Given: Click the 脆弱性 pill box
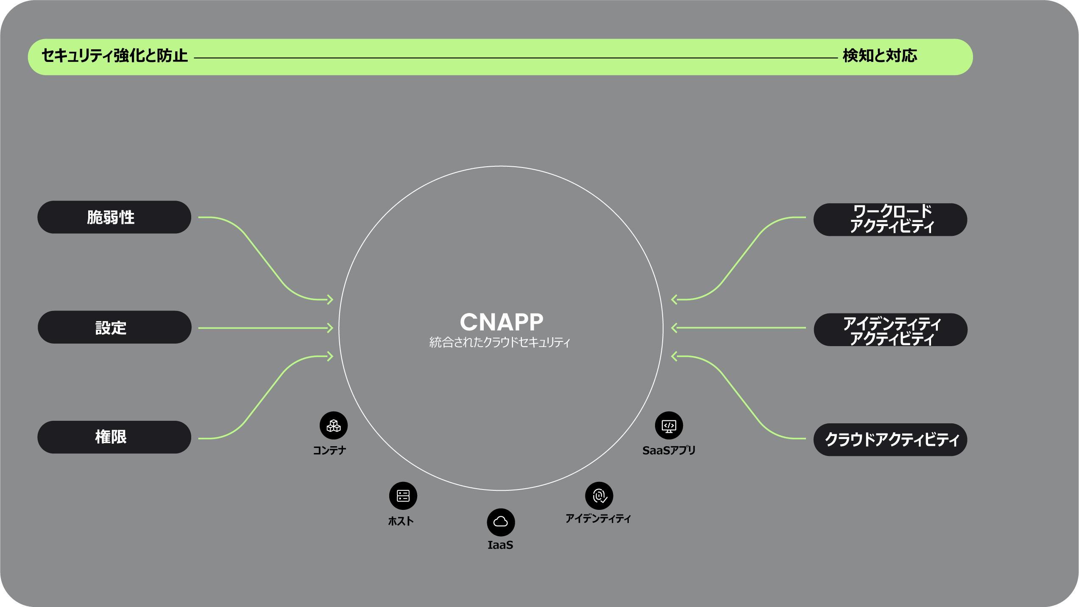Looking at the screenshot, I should coord(114,217).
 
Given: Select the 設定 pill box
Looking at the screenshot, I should coord(114,327).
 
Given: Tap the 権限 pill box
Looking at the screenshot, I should coord(114,437).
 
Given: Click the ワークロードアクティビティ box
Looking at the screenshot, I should coord(890,219).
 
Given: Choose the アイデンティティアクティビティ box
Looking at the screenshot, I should coord(890,330).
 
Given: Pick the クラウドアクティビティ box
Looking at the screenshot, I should coord(890,439).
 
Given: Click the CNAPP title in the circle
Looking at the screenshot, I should coord(501,322).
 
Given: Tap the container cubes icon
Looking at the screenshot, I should coord(334,425).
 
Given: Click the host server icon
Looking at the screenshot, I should coord(403,495).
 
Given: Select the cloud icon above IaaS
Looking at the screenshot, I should coord(501,522).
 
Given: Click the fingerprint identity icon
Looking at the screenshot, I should coord(599,495).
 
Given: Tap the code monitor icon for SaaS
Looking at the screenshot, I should coord(669,425).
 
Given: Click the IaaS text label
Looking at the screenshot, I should coord(500,545).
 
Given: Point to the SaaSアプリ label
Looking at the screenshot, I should coord(669,450).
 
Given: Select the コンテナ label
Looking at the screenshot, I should coord(329,450).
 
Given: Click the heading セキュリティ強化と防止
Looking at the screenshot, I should coord(114,56).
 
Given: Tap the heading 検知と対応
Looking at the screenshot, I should coord(880,56).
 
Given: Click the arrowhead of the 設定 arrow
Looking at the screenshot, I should coord(330,328).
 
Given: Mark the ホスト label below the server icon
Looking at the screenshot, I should coord(401,521).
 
